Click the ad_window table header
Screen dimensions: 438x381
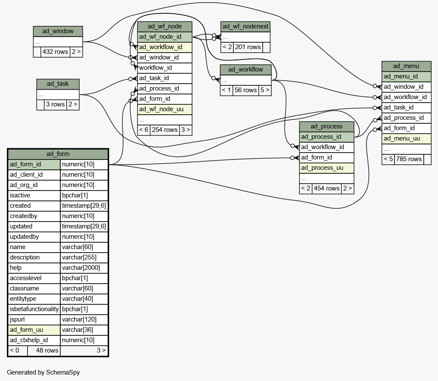[58, 31]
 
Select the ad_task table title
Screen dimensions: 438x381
[58, 84]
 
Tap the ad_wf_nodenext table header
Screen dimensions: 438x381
[245, 27]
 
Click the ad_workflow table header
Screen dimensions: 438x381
[245, 69]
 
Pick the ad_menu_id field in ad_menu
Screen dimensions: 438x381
[407, 77]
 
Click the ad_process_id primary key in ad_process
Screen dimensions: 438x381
[326, 137]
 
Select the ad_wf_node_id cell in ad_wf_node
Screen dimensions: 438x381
[165, 37]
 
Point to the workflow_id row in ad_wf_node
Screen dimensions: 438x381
[165, 68]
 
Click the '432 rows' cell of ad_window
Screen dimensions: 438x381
[55, 52]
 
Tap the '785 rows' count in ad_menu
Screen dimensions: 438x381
[409, 159]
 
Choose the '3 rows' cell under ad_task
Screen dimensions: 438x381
[55, 105]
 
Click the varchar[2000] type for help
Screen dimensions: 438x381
[84, 268]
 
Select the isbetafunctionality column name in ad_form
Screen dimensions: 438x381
[34, 309]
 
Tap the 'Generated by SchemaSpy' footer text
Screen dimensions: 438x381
[43, 372]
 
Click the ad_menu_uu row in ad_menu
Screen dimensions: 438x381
[407, 139]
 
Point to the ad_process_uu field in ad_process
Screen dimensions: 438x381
[326, 168]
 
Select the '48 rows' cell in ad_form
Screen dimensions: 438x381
[44, 350]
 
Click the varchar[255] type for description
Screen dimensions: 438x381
[84, 257]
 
